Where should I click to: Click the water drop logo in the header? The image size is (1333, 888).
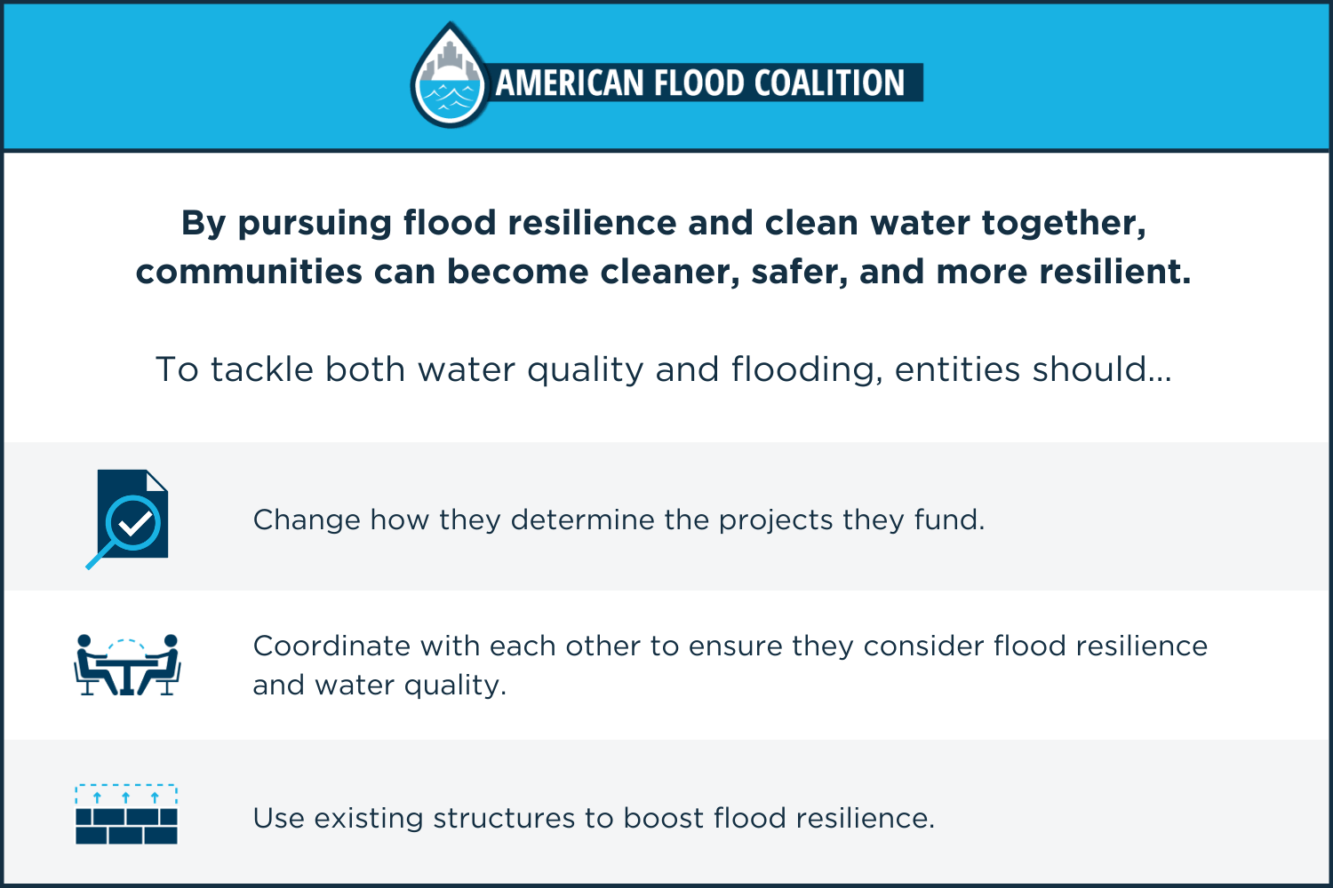(x=450, y=77)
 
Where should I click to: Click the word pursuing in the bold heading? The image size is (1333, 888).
(x=315, y=224)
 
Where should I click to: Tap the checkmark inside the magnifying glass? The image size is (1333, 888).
(x=134, y=524)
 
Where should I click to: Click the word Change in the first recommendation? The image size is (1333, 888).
(x=307, y=519)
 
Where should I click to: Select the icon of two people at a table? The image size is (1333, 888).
(x=127, y=665)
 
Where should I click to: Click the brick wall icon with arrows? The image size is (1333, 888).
(x=126, y=814)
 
